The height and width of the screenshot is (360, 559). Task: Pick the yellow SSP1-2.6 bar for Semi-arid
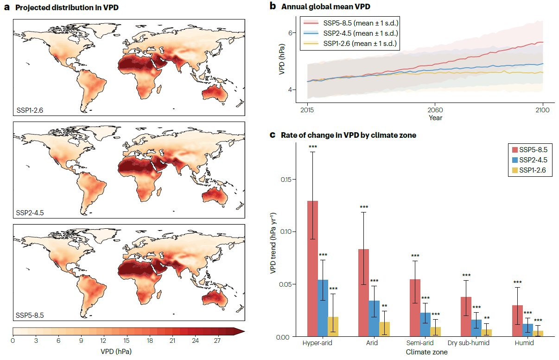(435, 331)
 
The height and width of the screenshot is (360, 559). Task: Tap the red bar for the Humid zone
(518, 321)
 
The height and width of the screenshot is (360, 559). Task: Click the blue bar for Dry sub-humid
(476, 328)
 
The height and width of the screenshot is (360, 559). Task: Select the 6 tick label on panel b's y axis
(291, 33)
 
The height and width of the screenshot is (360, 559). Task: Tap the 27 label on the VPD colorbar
(218, 341)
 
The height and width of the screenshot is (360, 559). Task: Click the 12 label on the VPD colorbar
(104, 341)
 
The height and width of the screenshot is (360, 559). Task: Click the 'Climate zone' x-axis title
(426, 352)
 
